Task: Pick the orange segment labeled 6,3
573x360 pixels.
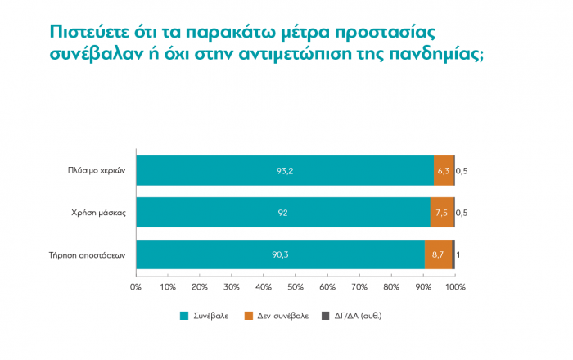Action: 444,170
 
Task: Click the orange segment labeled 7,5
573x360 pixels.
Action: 442,212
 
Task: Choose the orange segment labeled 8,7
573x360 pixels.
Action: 439,254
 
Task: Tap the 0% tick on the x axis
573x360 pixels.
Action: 136,287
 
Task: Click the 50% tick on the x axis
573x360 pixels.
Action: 296,287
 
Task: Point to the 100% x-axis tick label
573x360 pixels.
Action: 454,287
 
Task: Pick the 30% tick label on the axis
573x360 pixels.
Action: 232,287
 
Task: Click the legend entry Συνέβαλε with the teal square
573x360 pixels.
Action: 204,315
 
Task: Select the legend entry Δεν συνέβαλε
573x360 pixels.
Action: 276,315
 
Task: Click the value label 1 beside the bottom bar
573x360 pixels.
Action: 458,254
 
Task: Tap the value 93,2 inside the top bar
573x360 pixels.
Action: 285,170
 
